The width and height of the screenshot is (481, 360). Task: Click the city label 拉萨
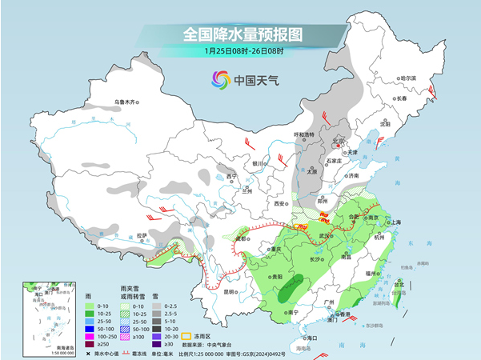(142, 235)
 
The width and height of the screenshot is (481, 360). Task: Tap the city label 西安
(280, 204)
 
